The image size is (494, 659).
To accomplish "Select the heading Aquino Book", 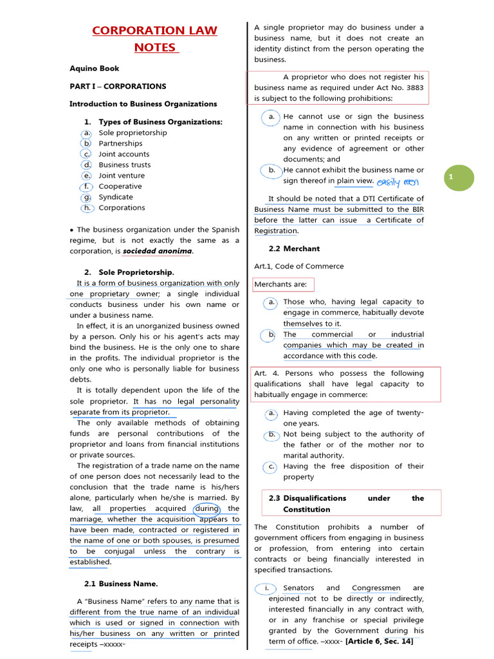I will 94,68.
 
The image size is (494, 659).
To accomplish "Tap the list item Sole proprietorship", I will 133,133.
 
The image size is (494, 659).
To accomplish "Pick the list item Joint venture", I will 122,175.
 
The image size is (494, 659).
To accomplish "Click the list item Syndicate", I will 116,197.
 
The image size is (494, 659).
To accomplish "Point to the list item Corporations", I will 122,207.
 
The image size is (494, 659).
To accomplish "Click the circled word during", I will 207,508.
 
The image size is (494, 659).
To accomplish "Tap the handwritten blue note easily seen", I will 397,182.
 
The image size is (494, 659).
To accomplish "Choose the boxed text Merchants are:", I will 281,284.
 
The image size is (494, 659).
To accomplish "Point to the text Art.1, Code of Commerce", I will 299,266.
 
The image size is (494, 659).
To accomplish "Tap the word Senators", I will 298,588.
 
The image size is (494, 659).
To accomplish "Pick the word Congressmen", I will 376,588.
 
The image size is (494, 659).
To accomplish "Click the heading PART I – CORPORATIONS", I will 118,86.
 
